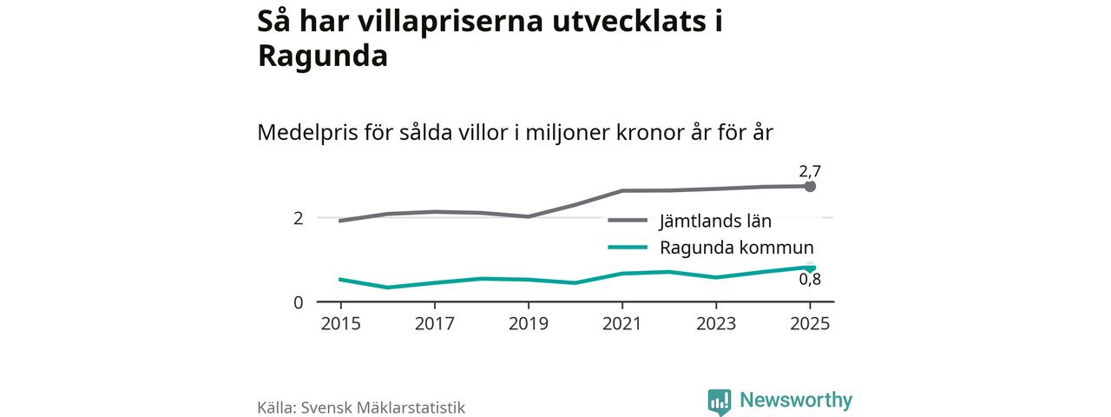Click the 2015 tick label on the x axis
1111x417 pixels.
(340, 323)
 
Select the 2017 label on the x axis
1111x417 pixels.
(434, 323)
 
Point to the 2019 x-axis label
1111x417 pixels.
(528, 323)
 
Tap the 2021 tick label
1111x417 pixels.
(621, 323)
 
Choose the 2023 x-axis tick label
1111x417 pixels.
(715, 323)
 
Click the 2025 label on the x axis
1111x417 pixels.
(809, 323)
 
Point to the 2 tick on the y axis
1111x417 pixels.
(299, 218)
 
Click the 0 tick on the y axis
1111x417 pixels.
(299, 302)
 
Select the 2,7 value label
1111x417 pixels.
(810, 171)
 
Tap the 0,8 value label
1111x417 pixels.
(810, 280)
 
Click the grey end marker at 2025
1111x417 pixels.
(810, 186)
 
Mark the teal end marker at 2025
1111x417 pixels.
(810, 268)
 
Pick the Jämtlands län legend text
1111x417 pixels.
(715, 221)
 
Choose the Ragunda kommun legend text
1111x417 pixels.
(736, 247)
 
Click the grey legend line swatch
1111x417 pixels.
(628, 221)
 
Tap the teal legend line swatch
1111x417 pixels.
(628, 247)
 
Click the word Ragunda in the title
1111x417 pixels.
(322, 56)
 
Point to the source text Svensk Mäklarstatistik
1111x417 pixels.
(383, 407)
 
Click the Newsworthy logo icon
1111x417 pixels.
(720, 401)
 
